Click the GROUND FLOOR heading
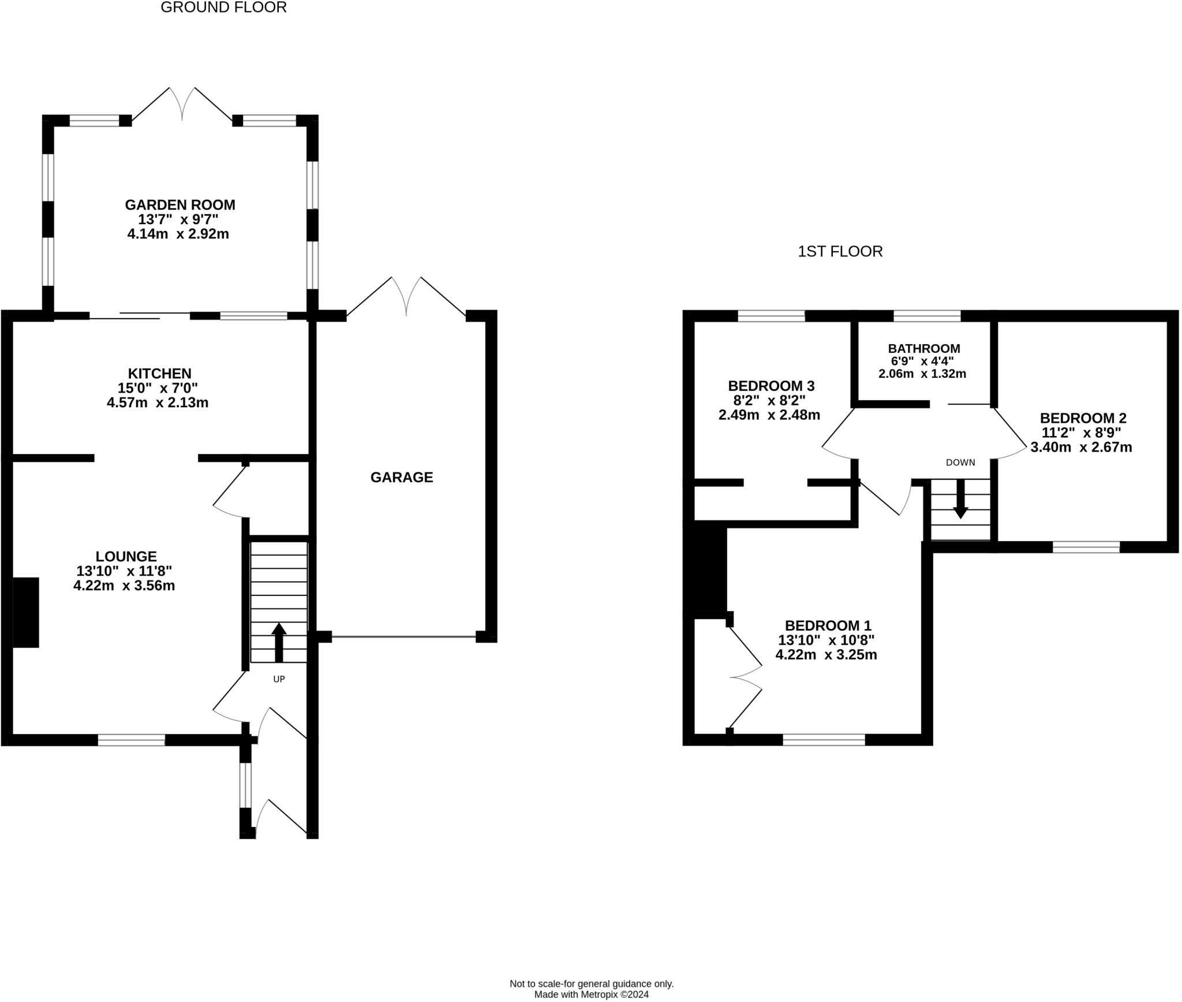[x=223, y=8]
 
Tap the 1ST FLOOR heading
[x=840, y=252]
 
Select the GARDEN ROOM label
[x=180, y=204]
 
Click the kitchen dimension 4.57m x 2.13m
[x=158, y=403]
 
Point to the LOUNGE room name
[x=126, y=556]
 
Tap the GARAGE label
[x=402, y=477]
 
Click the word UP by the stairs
[x=279, y=679]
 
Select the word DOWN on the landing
[x=960, y=463]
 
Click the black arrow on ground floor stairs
[x=279, y=642]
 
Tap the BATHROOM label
[x=924, y=348]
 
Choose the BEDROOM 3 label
[x=771, y=385]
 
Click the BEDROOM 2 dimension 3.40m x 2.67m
[x=1082, y=447]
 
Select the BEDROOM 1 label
[x=828, y=625]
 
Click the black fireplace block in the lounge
[x=26, y=612]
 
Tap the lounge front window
[x=132, y=740]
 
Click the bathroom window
[x=927, y=316]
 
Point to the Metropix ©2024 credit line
[x=592, y=994]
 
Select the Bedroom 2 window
[x=1086, y=547]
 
